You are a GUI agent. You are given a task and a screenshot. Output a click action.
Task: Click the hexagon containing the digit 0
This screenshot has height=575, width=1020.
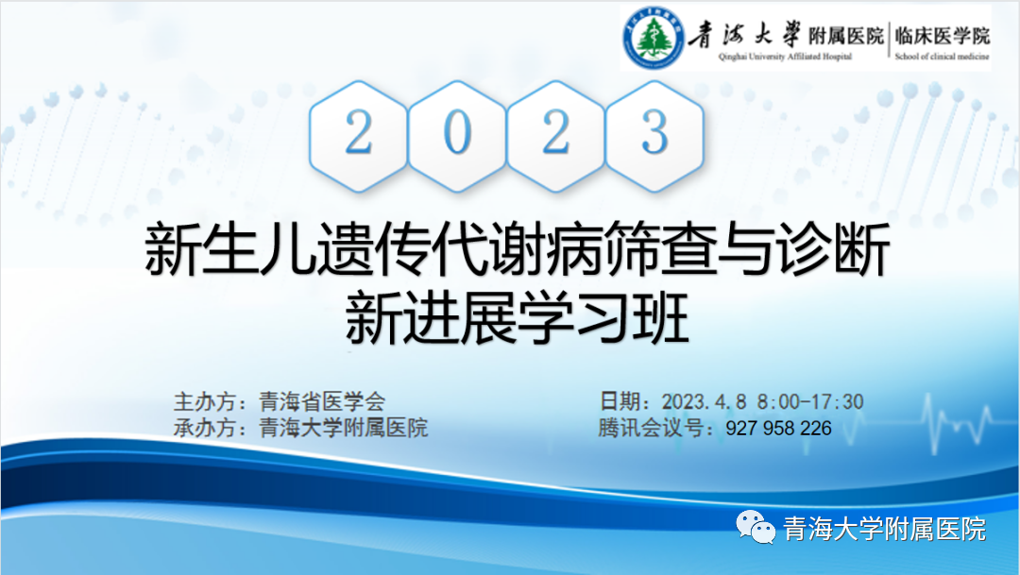point(457,136)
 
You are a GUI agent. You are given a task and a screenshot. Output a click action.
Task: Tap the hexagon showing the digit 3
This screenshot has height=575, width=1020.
point(654,136)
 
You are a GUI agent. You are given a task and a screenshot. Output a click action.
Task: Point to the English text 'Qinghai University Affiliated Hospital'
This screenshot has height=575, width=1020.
point(785,57)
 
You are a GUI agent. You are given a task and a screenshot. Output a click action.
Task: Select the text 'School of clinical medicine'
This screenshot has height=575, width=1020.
point(942,57)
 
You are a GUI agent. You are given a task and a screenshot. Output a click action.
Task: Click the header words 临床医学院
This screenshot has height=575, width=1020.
point(942,35)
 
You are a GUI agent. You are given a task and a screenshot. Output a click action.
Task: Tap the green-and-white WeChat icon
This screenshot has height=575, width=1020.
point(756,527)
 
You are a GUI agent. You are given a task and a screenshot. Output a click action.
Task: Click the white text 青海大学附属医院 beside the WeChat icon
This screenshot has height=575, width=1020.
point(884,529)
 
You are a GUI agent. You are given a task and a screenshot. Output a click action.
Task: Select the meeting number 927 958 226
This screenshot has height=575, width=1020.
point(778,428)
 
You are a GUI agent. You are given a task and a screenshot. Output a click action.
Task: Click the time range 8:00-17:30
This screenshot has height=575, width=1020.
point(810,401)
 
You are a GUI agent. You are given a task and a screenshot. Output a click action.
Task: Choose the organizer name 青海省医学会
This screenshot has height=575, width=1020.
point(322,401)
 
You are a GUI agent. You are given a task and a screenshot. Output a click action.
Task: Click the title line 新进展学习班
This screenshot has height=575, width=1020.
point(517,319)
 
